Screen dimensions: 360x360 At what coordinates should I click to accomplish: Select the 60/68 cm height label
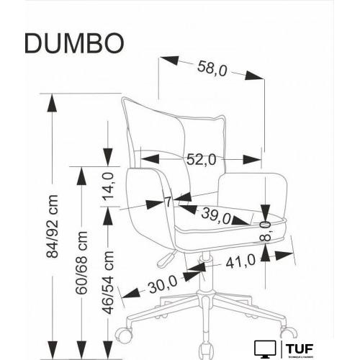point(81,256)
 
